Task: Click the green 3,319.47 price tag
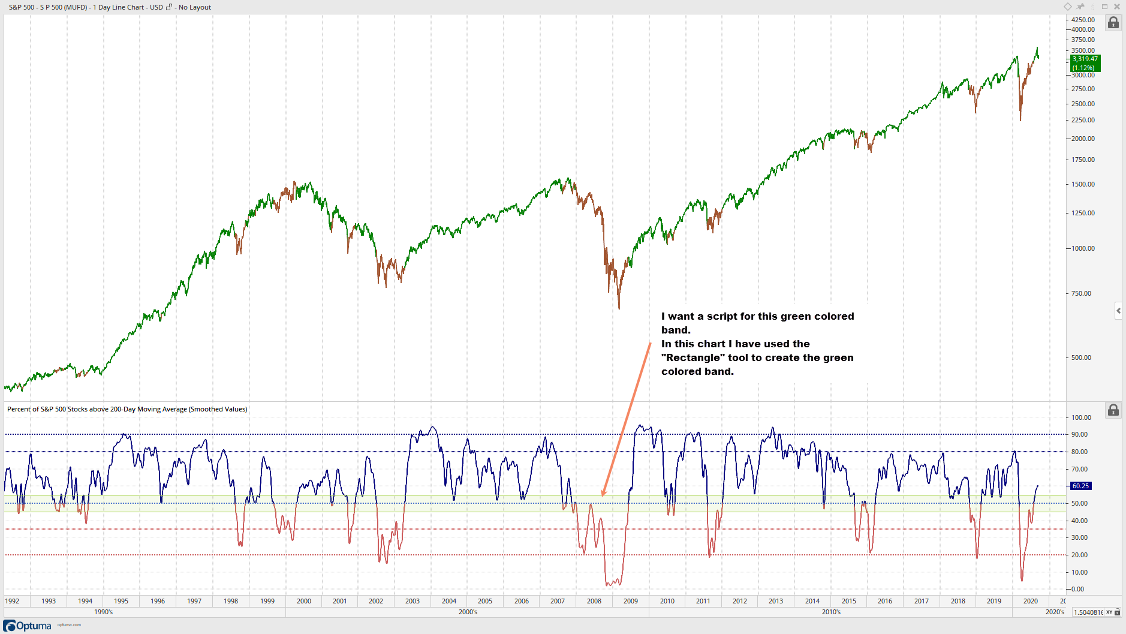(1085, 63)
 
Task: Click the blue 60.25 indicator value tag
(1080, 486)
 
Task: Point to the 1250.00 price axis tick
(1083, 213)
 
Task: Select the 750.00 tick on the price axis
(1082, 293)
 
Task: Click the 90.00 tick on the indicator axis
(1079, 434)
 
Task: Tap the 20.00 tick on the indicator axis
(1079, 555)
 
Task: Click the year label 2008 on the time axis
(594, 601)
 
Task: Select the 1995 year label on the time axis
(121, 601)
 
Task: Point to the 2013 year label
(776, 601)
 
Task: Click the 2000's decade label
(468, 612)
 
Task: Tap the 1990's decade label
(104, 612)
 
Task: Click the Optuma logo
(28, 626)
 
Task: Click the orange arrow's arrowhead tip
(603, 496)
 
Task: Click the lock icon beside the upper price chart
(1113, 23)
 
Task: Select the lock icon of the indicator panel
(1113, 410)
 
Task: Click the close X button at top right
(1117, 7)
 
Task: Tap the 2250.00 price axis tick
(1083, 120)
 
